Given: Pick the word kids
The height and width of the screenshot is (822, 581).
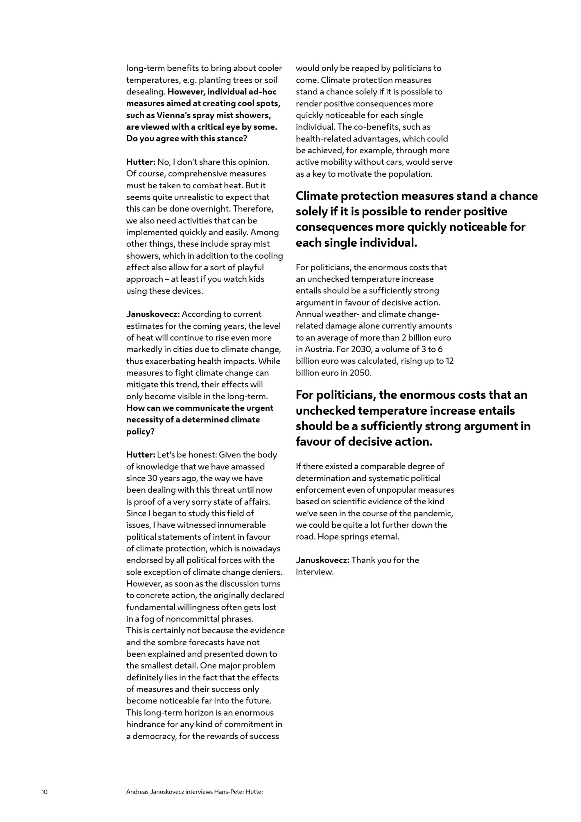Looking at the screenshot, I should click(x=256, y=279).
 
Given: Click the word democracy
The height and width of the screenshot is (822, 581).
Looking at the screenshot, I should click(x=155, y=736).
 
